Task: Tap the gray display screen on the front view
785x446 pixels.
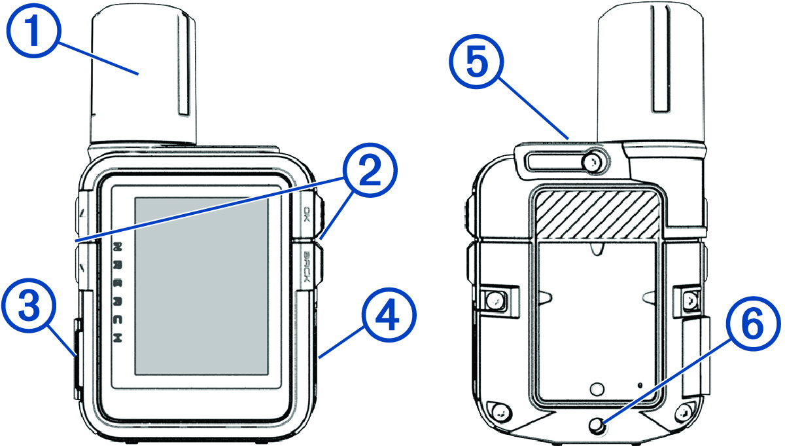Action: (x=201, y=286)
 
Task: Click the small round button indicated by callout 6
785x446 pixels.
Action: (x=597, y=426)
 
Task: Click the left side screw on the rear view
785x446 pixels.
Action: (x=495, y=301)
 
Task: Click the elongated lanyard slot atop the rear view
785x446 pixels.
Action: (x=556, y=161)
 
